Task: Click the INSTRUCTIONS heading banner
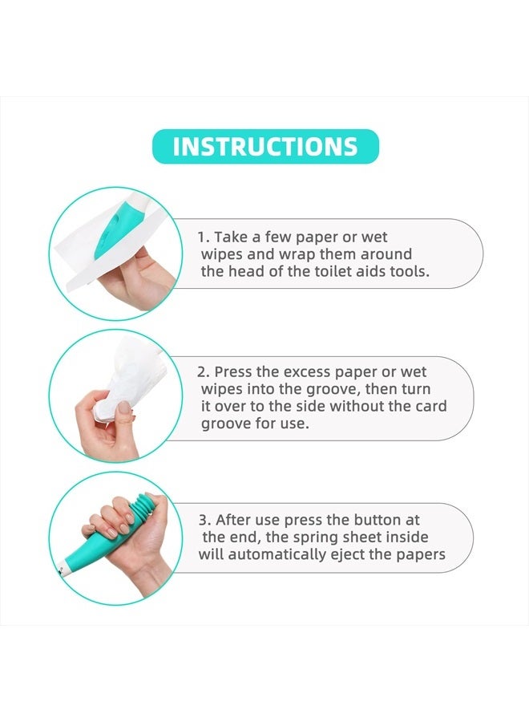point(265,147)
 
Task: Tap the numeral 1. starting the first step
point(204,237)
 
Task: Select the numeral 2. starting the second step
point(204,372)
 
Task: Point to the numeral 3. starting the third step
point(204,521)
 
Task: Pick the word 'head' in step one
point(246,271)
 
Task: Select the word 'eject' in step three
point(347,554)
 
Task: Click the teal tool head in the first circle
point(111,229)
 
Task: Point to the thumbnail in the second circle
point(123,408)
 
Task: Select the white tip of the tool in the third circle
point(65,570)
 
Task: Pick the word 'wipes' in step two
point(222,390)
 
